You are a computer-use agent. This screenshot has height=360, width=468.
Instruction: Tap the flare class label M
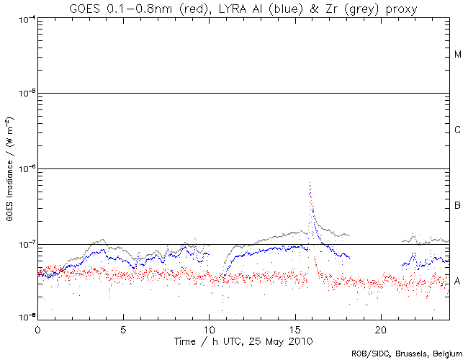coord(458,55)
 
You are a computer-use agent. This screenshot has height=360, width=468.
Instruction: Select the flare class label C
coord(458,130)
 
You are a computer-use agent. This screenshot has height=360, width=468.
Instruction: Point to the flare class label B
coord(458,207)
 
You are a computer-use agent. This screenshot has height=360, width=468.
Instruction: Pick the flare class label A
coord(458,282)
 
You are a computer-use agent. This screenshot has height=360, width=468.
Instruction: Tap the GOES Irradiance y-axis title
coord(9,168)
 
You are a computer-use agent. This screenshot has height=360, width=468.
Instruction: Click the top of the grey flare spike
coord(310,184)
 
